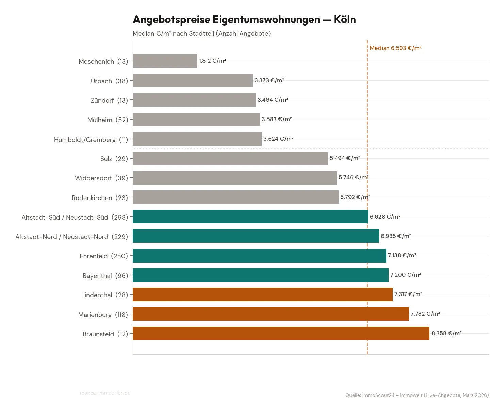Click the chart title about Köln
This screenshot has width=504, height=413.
[244, 20]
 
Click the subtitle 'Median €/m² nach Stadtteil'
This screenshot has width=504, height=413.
[201, 34]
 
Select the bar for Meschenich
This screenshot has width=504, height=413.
[165, 61]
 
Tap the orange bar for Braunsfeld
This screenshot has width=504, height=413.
[281, 333]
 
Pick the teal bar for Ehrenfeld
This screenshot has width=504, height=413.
[259, 256]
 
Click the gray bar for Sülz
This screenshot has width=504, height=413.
[230, 158]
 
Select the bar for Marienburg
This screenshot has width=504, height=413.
[271, 314]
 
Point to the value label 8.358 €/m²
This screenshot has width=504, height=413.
[446, 333]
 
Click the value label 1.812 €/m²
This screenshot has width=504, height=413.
[212, 61]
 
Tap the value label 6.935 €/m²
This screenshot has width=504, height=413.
[396, 236]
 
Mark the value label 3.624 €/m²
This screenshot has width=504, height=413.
[278, 139]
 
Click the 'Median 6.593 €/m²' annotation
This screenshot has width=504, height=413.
[395, 48]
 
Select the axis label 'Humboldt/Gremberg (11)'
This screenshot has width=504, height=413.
[91, 140]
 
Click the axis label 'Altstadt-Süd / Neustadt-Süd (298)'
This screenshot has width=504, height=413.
[75, 217]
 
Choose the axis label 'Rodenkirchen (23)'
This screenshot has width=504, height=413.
[100, 198]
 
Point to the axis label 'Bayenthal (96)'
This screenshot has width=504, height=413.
[105, 276]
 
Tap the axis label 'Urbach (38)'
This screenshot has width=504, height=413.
[109, 81]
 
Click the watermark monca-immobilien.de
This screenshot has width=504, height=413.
[105, 393]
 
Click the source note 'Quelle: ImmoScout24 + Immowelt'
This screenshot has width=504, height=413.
[417, 395]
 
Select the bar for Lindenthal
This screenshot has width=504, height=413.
[262, 295]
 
